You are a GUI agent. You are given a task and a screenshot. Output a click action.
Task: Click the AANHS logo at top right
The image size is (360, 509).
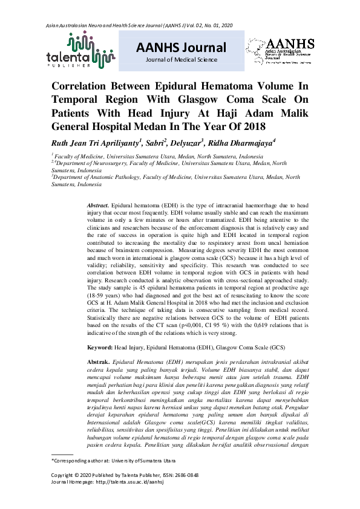pos(280,51)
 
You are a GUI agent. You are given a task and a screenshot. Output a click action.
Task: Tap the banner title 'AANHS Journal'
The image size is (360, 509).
pos(181,48)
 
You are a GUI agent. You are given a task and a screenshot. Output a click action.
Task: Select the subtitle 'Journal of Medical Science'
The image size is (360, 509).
pos(181,60)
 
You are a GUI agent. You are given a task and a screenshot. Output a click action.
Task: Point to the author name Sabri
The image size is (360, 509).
pos(158,143)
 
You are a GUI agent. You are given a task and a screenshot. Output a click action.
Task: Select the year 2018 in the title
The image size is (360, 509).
pos(249,127)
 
